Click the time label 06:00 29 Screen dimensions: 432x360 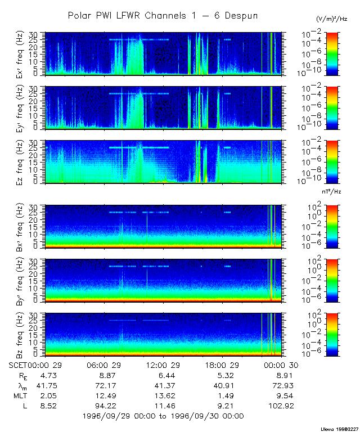click(x=105, y=365)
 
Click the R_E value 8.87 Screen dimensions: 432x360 click(x=105, y=375)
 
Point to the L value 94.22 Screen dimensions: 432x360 click(x=105, y=405)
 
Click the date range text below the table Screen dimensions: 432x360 click(x=163, y=416)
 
